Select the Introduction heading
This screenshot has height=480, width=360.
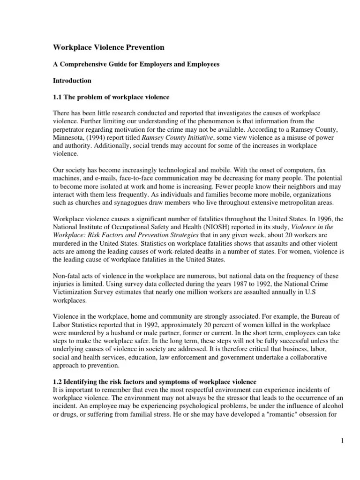click(x=71, y=81)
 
